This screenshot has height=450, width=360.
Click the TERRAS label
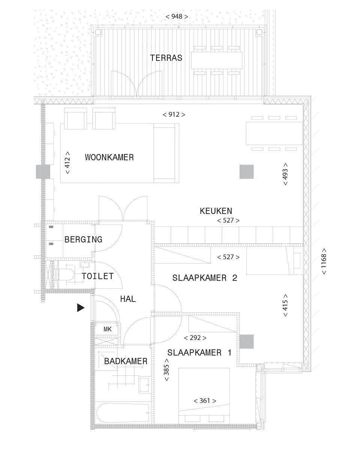tap(166, 58)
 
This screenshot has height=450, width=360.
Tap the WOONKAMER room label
tap(109, 157)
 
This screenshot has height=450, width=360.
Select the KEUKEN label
tap(216, 211)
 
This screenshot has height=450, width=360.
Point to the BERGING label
tap(83, 239)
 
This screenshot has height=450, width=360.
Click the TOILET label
tap(97, 276)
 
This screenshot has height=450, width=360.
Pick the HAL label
tap(128, 299)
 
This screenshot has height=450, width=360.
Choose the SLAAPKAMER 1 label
tap(199, 352)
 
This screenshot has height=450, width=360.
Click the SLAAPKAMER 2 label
tap(205, 278)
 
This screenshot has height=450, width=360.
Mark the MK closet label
tap(108, 329)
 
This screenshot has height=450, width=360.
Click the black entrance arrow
tap(81, 307)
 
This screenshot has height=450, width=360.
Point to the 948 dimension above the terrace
tap(177, 16)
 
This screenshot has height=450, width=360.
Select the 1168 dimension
tap(324, 261)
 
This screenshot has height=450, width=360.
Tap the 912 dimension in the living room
tap(174, 115)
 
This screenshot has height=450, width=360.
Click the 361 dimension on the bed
tap(205, 400)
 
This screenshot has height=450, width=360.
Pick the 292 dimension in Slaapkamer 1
tap(195, 338)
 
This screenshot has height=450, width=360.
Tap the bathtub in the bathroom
tap(123, 413)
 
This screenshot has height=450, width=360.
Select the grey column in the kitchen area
tap(246, 172)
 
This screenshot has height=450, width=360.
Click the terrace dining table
tap(216, 60)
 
